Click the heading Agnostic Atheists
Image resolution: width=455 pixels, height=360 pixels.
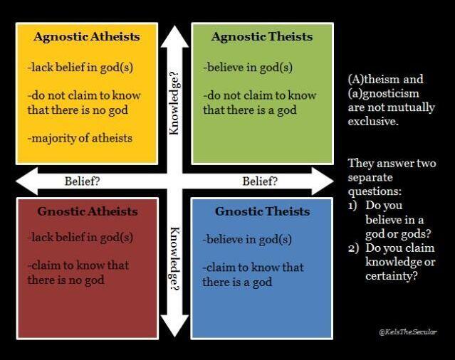(x=86, y=37)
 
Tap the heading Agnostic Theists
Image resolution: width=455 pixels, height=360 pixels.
(x=262, y=37)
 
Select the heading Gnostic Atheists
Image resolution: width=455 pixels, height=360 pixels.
(x=88, y=211)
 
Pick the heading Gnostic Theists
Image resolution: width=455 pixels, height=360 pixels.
(x=262, y=211)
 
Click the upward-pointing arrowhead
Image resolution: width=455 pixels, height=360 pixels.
(x=174, y=36)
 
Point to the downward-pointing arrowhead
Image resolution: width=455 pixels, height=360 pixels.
(x=174, y=326)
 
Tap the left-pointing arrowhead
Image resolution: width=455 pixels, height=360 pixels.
(x=26, y=181)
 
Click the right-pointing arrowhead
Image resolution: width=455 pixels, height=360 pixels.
(x=323, y=181)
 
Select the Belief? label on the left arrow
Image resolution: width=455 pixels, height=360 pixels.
(x=82, y=181)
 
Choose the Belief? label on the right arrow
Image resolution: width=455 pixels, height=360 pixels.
(x=260, y=181)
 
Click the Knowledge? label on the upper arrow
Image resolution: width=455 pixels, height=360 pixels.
(x=174, y=103)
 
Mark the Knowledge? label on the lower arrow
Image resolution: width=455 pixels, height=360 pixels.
(x=174, y=259)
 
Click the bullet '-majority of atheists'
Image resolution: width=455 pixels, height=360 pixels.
(x=80, y=138)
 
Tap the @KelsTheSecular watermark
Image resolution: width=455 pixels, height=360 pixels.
(x=408, y=332)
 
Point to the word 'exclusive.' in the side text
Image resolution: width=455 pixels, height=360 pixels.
(x=373, y=121)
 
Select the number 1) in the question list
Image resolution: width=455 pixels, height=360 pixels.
(x=352, y=206)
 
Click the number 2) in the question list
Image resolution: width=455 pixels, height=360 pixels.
(x=353, y=248)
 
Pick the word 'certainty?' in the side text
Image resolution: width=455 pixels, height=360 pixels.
(x=392, y=276)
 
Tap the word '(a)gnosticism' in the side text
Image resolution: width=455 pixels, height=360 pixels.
(x=384, y=94)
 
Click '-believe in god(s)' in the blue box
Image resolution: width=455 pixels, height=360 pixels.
(x=247, y=240)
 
